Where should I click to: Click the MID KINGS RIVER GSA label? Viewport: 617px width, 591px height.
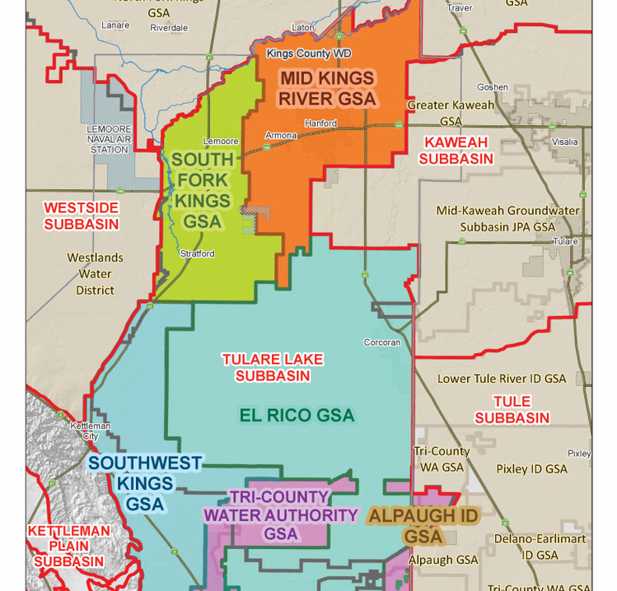tap(327, 89)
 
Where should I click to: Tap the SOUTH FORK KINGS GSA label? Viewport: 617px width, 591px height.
tap(202, 190)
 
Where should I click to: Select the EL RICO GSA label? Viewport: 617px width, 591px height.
tap(297, 415)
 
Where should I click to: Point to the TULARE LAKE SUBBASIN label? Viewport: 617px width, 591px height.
tap(273, 367)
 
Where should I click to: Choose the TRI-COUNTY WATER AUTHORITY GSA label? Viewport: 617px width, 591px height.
tap(280, 515)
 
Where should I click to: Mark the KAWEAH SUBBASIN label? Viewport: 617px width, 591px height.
tap(456, 151)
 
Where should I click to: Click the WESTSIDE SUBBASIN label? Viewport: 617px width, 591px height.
tap(81, 216)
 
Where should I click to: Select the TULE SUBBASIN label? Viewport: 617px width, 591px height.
tap(512, 409)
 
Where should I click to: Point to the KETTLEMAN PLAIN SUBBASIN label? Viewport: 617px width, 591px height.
tap(68, 546)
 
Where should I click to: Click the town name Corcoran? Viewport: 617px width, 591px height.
tap(382, 342)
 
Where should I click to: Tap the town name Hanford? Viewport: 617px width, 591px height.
tap(320, 123)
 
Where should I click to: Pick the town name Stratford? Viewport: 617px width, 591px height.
tap(197, 254)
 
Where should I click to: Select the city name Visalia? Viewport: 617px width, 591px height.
tap(565, 142)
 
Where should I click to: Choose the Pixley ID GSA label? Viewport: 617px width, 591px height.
tap(531, 468)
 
